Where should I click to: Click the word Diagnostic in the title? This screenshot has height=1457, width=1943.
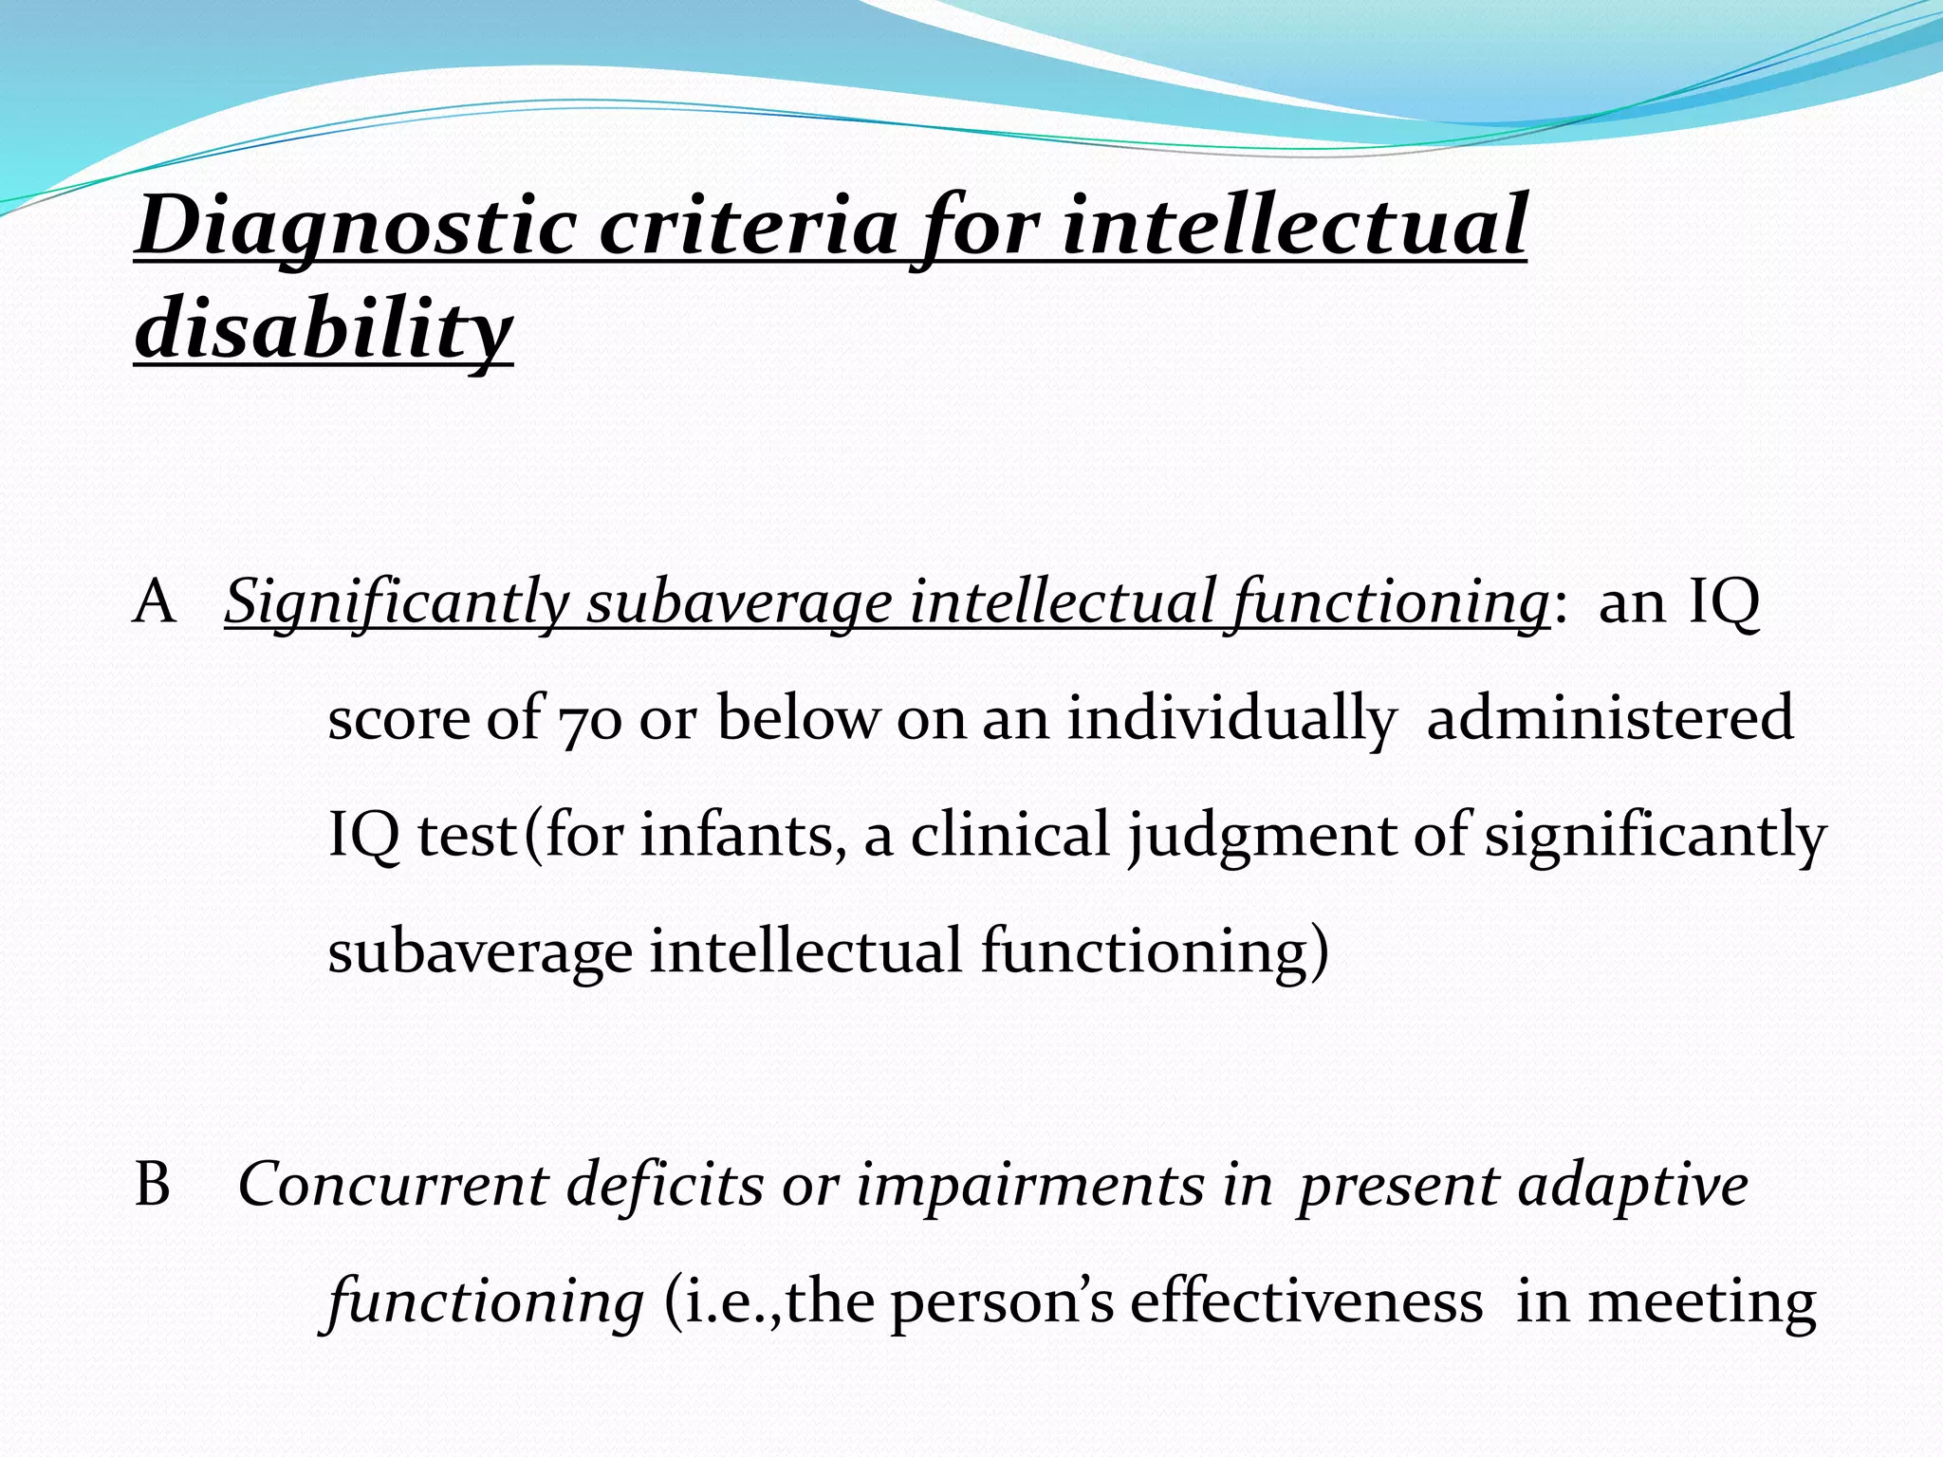[356, 228]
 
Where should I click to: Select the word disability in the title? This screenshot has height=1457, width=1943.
[324, 328]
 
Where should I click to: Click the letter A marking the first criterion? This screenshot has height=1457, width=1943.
[155, 602]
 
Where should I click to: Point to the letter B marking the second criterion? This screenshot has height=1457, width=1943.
[153, 1186]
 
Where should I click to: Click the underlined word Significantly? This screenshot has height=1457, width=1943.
[397, 602]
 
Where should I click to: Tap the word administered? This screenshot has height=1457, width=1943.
[1609, 718]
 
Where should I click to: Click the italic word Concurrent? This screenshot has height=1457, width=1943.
[393, 1186]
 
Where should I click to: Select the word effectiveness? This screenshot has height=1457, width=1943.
[1305, 1302]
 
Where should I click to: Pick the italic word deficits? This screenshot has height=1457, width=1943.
[665, 1186]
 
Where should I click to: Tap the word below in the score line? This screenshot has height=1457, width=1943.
[798, 718]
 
